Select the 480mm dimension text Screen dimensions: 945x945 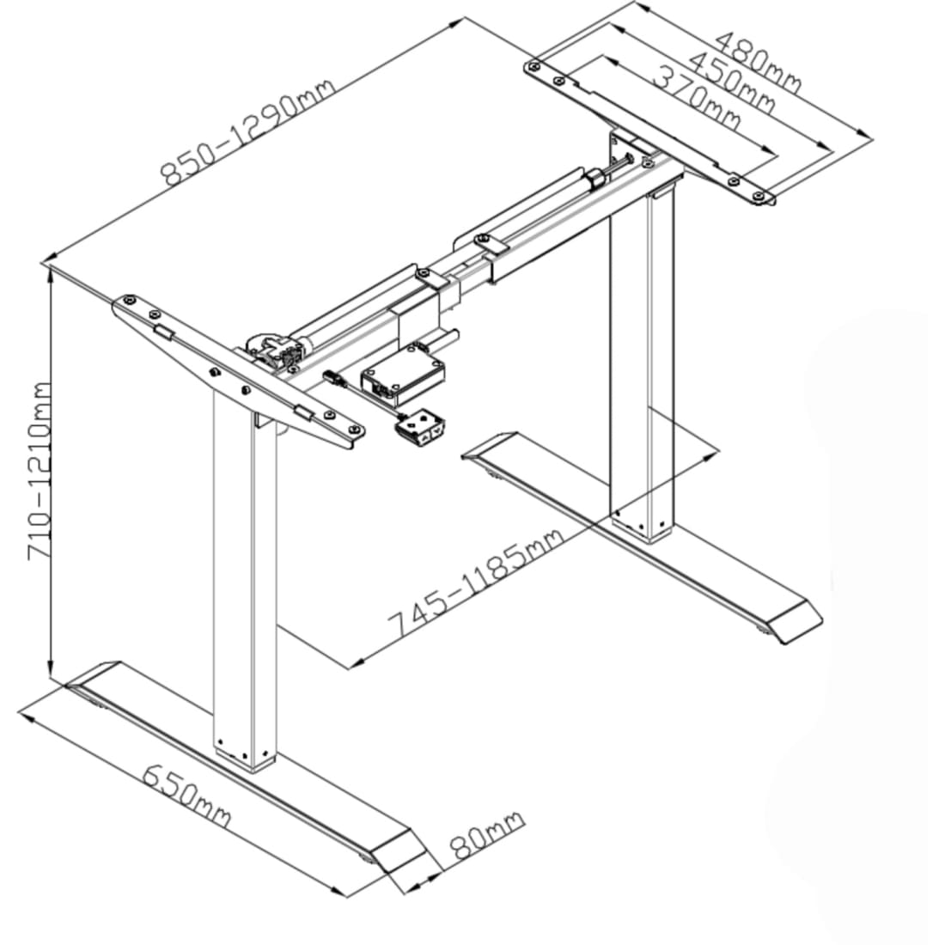click(x=759, y=62)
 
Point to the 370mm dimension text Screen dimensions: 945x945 click(x=697, y=98)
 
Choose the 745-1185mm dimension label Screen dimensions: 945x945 click(x=476, y=582)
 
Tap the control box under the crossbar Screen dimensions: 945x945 click(x=403, y=374)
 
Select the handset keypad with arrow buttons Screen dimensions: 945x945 click(x=420, y=429)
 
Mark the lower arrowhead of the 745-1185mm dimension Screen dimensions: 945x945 click(x=357, y=663)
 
